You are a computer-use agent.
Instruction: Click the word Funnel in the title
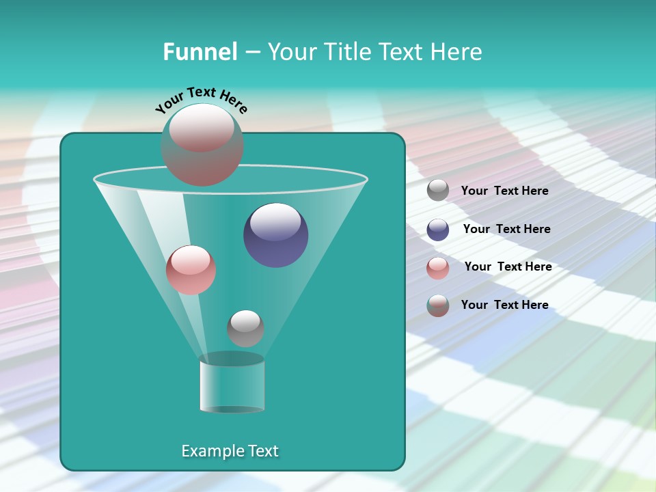[200, 52]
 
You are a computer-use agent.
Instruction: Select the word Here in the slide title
[457, 52]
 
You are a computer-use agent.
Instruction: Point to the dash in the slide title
[251, 52]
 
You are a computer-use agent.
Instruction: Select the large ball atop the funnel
[202, 144]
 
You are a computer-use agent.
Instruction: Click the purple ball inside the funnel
[275, 234]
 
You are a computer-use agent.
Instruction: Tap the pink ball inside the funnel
[191, 270]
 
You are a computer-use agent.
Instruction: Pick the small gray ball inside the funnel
[245, 328]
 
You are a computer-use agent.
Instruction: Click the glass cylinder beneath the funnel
[232, 383]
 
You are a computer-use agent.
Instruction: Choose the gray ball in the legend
[438, 190]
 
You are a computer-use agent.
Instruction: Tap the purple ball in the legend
[438, 230]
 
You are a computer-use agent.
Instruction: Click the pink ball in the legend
[438, 268]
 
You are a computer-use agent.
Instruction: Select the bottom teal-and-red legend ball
[438, 305]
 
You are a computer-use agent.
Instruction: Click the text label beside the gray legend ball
[504, 191]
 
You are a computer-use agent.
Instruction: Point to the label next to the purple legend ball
[506, 229]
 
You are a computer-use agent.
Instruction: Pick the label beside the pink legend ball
[508, 266]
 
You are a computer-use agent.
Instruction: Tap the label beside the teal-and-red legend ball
[504, 305]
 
